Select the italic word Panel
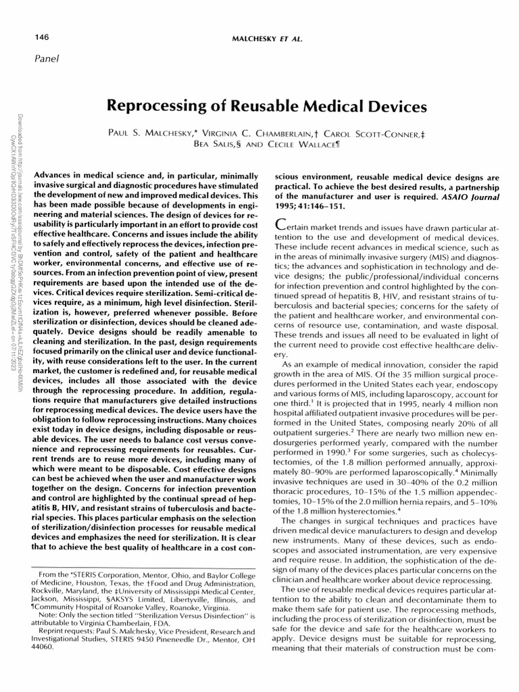38,57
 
